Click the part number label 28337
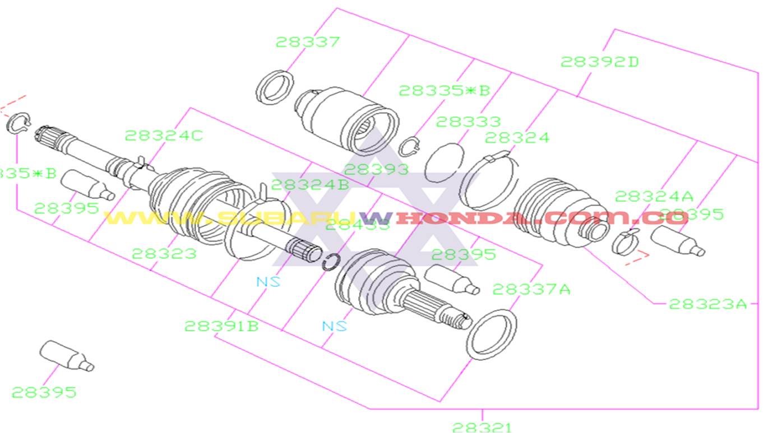tap(307, 42)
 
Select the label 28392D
tap(599, 62)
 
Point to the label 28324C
tap(164, 136)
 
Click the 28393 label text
tap(376, 169)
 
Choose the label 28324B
tap(310, 184)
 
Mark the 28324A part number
tap(654, 196)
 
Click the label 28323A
tap(708, 304)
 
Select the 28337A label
tap(531, 289)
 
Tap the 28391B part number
tap(221, 326)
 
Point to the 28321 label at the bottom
tap(482, 427)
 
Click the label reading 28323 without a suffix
tap(164, 253)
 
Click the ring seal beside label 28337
tap(275, 87)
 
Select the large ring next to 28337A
tap(492, 334)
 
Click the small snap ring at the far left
tap(18, 123)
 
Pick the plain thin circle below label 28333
tap(444, 162)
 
